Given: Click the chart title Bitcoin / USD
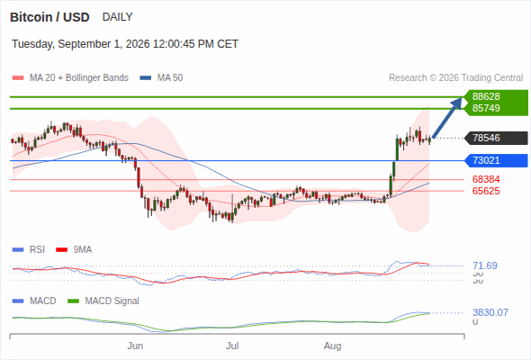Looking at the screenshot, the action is [x=49, y=17].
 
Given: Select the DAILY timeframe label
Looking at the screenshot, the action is [x=118, y=17].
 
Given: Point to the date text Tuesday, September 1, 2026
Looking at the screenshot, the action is [x=81, y=44].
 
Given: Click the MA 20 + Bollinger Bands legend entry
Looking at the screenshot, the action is [x=70, y=78].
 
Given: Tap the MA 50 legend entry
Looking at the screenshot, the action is [x=161, y=78].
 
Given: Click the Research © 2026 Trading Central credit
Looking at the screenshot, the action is [x=455, y=78].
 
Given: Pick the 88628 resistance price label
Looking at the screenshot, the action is [x=486, y=96].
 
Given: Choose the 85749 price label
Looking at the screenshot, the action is [x=486, y=108].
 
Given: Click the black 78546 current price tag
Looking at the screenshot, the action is [x=496, y=138].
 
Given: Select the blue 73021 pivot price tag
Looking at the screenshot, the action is [x=496, y=160].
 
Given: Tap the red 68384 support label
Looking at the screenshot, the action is [x=486, y=179].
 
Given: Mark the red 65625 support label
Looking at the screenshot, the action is [x=486, y=191].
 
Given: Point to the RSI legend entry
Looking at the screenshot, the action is [x=28, y=249].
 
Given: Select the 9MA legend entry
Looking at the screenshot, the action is [x=74, y=249].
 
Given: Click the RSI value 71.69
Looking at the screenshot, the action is [x=485, y=265].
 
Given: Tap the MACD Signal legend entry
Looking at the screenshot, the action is [x=103, y=301].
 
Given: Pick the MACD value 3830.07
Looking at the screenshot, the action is [x=490, y=312].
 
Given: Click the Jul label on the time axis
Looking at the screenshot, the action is [x=232, y=346].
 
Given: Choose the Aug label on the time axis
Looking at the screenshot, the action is [x=333, y=346].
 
